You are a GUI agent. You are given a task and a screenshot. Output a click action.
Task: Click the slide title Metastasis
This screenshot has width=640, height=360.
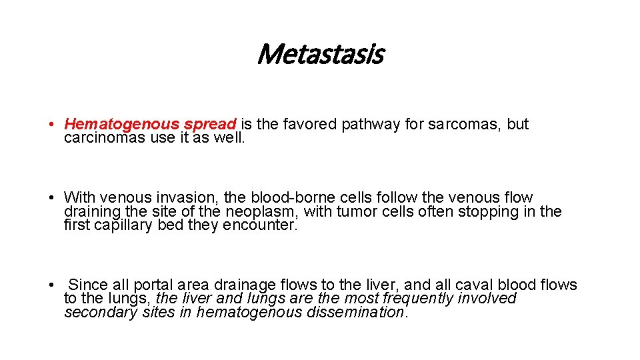pos(319,54)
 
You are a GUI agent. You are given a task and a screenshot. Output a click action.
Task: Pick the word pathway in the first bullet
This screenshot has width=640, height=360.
pos(373,124)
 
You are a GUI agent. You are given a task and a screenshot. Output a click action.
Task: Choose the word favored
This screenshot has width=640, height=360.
pos(311,124)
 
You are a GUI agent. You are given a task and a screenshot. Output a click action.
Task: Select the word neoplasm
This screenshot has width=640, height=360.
pos(263,211)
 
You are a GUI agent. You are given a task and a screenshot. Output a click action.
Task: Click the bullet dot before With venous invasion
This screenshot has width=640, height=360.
pos(51,198)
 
